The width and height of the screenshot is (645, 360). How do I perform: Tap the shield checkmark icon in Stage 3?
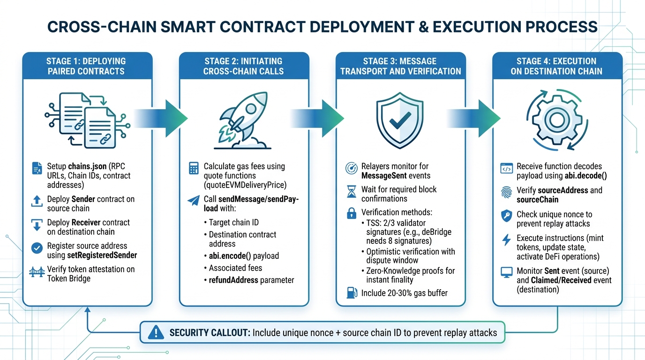pos(400,119)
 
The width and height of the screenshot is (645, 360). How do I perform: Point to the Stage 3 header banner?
pos(400,66)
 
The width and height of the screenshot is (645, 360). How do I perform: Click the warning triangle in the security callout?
pos(155,333)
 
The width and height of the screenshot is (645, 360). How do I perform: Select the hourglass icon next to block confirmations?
pos(351,191)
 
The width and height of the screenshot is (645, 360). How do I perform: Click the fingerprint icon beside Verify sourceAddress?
pos(506,192)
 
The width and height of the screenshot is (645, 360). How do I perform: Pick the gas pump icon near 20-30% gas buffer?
pos(351,293)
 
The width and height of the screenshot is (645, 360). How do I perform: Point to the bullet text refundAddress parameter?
pos(251,280)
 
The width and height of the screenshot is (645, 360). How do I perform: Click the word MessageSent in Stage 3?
pos(382,176)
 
